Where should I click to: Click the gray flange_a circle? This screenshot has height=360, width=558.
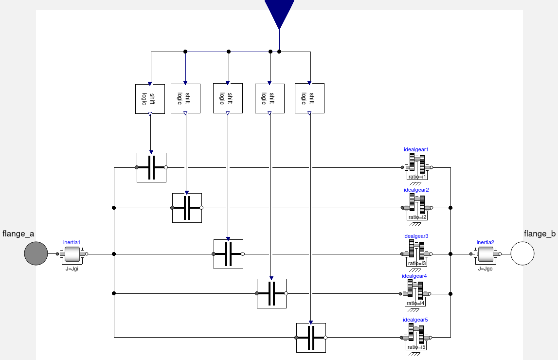coord(36,253)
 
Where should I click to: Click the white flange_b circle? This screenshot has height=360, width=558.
coord(522,253)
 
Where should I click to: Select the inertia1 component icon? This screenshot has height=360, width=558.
coord(72,253)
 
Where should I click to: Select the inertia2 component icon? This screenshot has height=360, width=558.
coord(485,253)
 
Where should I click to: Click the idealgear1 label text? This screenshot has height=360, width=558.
coord(416,149)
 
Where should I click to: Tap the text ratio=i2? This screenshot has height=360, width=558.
coord(417,217)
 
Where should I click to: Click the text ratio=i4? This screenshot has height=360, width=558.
coord(416,303)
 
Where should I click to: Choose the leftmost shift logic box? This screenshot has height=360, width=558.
coord(150,99)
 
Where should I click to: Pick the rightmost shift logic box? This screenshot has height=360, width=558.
coord(309,99)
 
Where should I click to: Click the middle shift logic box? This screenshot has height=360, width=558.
coord(228,99)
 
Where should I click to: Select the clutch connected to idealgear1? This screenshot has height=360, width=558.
coord(151,167)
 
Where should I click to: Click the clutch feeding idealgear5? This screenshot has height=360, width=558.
coord(311,338)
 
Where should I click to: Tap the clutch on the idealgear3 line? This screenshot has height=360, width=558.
coord(228,254)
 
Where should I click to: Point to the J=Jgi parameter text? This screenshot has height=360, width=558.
coord(72,269)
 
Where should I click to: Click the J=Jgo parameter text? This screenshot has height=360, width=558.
coord(485,269)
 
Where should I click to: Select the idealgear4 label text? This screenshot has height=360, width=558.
coord(414,276)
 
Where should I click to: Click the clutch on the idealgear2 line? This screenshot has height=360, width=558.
coord(187,208)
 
